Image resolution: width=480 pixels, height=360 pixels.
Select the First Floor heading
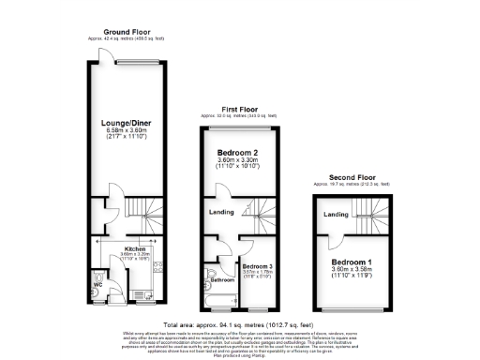click(239, 109)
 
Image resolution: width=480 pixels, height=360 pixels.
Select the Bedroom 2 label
click(238, 153)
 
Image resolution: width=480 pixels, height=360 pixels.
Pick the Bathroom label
click(222, 279)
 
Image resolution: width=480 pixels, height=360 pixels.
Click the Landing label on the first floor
click(221, 211)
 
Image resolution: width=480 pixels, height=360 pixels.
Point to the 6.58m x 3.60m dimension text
click(127, 132)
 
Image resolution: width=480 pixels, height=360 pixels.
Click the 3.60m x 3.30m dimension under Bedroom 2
click(238, 162)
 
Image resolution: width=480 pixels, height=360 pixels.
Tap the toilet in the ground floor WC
click(100, 292)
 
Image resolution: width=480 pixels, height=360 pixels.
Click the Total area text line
click(239, 323)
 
